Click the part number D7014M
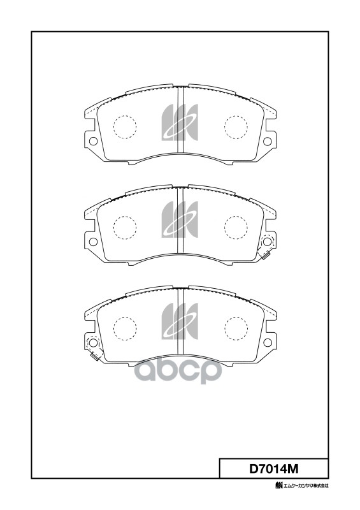point(273,469)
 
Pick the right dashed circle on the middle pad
point(236,226)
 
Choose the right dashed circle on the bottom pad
point(236,327)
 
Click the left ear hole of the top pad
point(92,142)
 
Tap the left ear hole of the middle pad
point(92,242)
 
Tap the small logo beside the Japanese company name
point(278,487)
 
